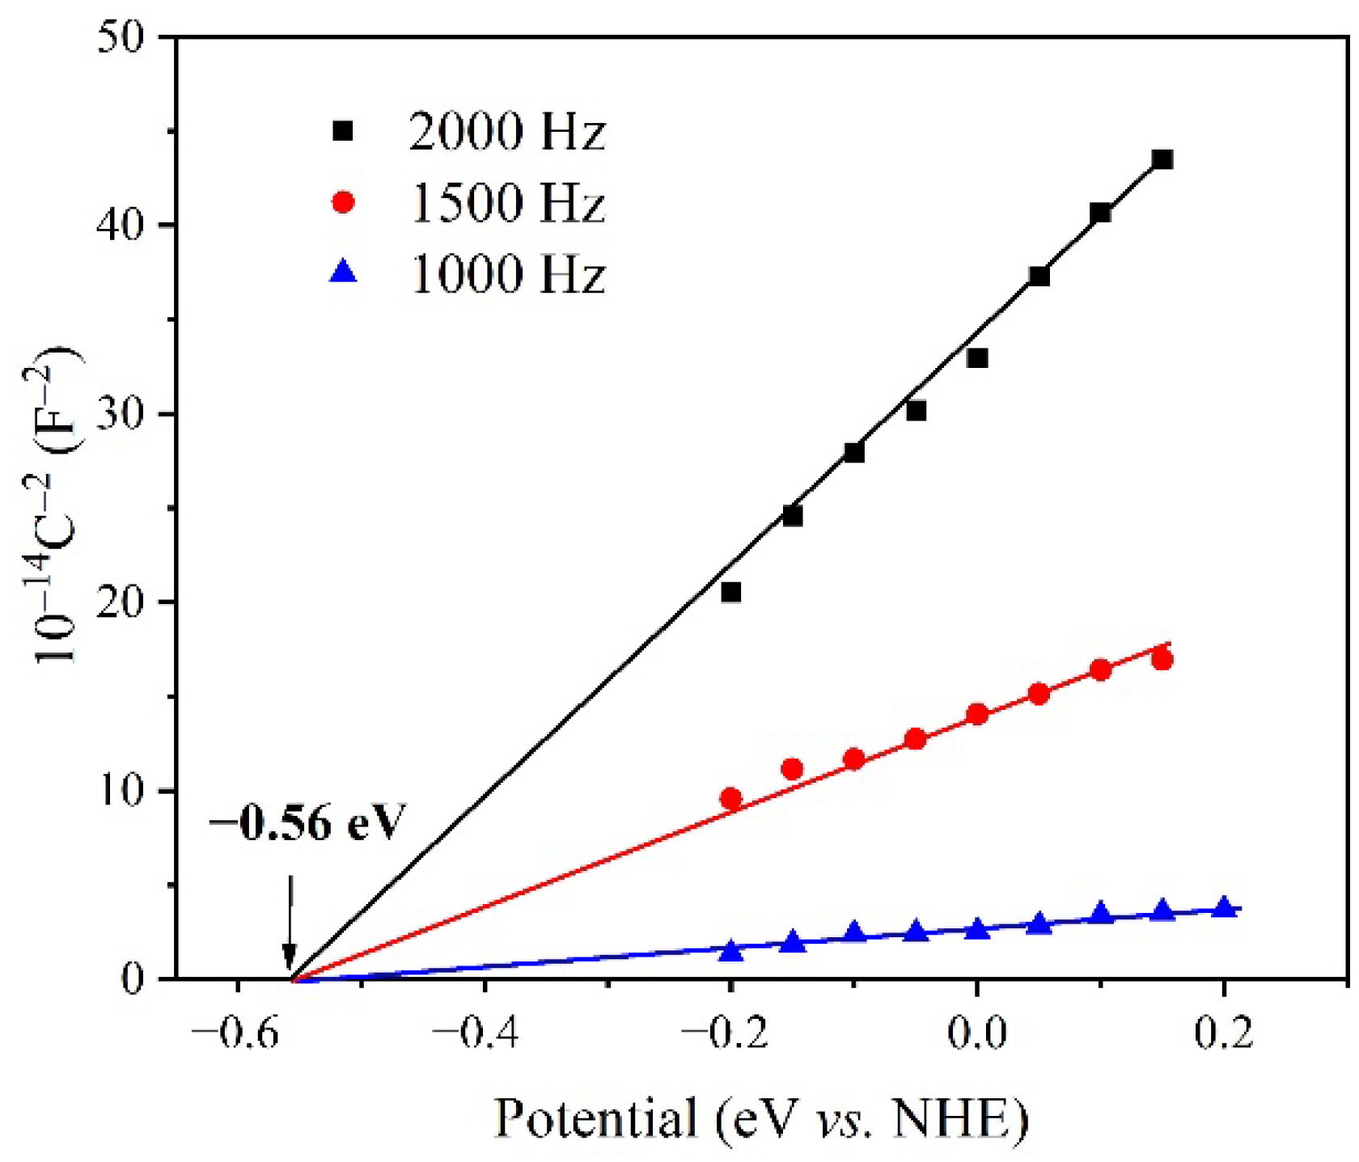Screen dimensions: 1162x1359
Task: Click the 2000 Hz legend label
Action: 507,132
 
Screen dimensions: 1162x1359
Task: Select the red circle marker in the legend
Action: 344,201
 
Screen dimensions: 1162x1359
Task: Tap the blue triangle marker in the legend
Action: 344,271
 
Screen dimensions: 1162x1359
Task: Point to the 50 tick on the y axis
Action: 121,38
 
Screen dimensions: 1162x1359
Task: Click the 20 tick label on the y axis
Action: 121,602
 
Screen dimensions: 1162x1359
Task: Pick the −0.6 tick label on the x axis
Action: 236,1033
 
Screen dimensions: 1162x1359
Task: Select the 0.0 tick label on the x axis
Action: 976,1033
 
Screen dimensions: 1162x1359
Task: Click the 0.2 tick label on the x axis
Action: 1223,1033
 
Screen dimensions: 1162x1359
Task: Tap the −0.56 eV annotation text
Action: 307,823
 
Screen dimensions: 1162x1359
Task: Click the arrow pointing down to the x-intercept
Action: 289,922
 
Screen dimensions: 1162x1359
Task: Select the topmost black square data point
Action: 1162,159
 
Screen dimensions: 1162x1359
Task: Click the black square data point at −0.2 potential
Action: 730,592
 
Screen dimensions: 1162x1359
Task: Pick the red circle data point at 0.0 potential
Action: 977,714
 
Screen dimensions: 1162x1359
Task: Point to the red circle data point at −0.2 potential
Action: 730,799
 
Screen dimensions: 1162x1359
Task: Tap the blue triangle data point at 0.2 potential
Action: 1224,907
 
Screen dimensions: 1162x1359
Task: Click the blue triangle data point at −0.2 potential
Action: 730,951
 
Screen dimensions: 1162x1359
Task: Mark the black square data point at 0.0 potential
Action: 977,357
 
